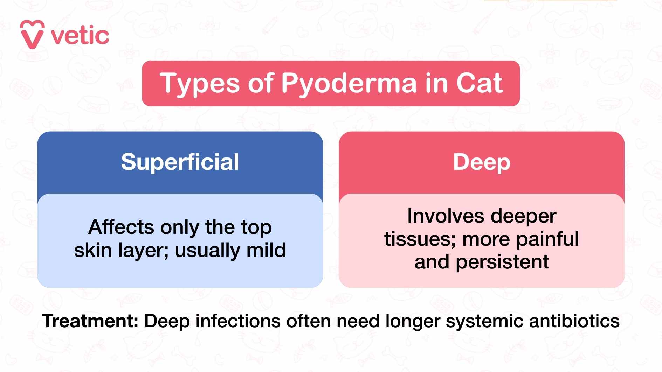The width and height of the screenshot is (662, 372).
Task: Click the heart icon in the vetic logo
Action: coord(32,34)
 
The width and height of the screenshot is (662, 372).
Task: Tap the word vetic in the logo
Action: coord(80,36)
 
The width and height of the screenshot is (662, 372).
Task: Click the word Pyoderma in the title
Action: coord(349,84)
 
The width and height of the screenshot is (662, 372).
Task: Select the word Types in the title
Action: coord(200,84)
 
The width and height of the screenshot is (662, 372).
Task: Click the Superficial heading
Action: coord(180,162)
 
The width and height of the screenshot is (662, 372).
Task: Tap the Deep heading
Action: coord(482,162)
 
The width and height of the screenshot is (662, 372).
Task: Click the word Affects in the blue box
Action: coord(121,227)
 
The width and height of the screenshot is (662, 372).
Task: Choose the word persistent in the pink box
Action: coord(502,262)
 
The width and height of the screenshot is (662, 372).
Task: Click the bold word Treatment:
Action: coord(90,321)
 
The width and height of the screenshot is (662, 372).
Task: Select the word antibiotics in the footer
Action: coord(574,321)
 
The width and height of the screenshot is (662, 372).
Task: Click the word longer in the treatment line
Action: coord(413,321)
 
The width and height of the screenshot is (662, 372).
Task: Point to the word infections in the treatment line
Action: coord(238,321)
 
